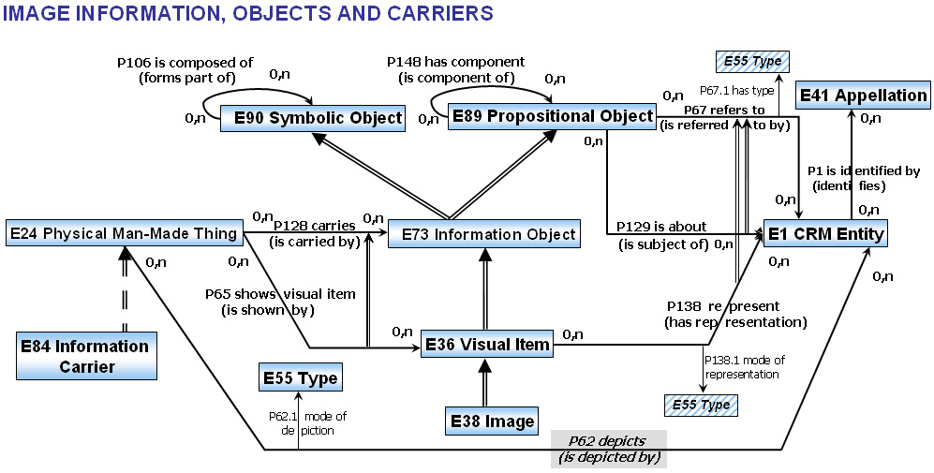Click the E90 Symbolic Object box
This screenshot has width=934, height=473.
[x=312, y=118]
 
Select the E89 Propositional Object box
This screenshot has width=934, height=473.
[x=551, y=116]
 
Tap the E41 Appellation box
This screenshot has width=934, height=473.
[x=863, y=96]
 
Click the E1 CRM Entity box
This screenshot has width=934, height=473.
[x=824, y=233]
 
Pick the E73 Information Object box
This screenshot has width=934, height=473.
[x=483, y=234]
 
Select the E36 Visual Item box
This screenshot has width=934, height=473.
[x=486, y=345]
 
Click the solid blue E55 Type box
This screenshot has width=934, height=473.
[x=299, y=378]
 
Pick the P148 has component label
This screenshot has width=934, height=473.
[x=456, y=61]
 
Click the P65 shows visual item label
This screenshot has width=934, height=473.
[x=280, y=294]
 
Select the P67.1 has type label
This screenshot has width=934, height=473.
[x=736, y=91]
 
